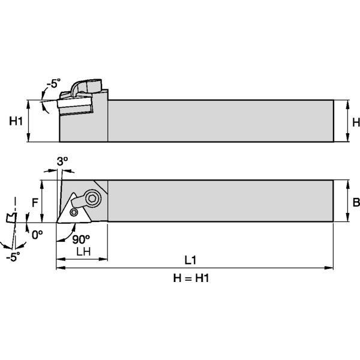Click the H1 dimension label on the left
click(x=16, y=121)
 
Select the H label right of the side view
click(x=355, y=122)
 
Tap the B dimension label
click(x=356, y=203)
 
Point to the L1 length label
click(x=191, y=260)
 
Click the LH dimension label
click(x=83, y=252)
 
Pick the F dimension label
click(x=34, y=202)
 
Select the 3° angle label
click(x=62, y=161)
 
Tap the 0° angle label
click(x=37, y=235)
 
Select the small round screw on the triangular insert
click(x=74, y=212)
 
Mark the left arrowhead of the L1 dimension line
click(x=59, y=267)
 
